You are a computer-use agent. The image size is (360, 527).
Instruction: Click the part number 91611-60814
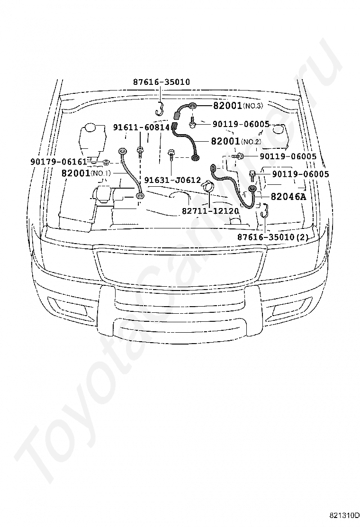point(141,127)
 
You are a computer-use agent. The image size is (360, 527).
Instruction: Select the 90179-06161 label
point(58,162)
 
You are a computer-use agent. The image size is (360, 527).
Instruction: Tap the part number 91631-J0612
point(172,180)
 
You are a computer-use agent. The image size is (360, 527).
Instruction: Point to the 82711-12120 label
point(210,211)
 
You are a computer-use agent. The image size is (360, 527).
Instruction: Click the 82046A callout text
point(288,197)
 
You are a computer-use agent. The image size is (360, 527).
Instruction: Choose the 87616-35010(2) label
point(273,237)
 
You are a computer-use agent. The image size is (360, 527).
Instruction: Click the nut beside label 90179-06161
point(106,163)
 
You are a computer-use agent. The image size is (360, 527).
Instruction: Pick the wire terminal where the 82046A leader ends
point(252,190)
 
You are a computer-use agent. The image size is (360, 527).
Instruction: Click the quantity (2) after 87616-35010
point(303,237)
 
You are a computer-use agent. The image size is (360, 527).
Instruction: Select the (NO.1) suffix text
point(101,174)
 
